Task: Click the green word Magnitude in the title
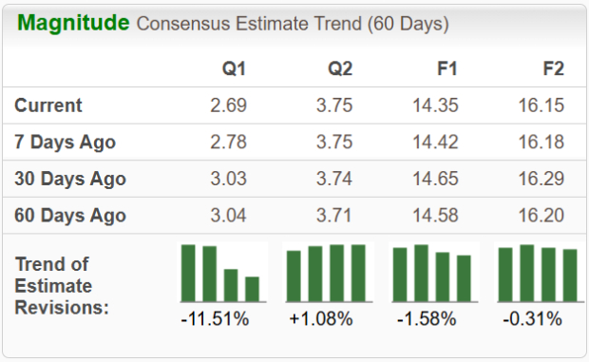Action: coord(72,23)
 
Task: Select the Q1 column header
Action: coord(234,69)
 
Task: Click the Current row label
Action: coord(48,105)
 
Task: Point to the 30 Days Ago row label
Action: coord(70,179)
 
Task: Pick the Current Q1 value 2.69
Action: coord(228,105)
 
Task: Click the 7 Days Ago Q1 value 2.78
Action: coord(228,143)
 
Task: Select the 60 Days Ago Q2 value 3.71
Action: coord(334,216)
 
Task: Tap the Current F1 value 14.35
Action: coord(439,105)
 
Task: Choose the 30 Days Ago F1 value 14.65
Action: coord(439,179)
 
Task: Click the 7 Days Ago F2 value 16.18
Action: coord(544,143)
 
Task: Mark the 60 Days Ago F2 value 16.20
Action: coord(544,216)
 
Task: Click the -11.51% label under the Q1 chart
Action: coord(215,319)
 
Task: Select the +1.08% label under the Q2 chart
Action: coord(321,319)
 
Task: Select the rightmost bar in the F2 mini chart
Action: coord(570,275)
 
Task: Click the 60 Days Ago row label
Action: coord(70,216)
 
